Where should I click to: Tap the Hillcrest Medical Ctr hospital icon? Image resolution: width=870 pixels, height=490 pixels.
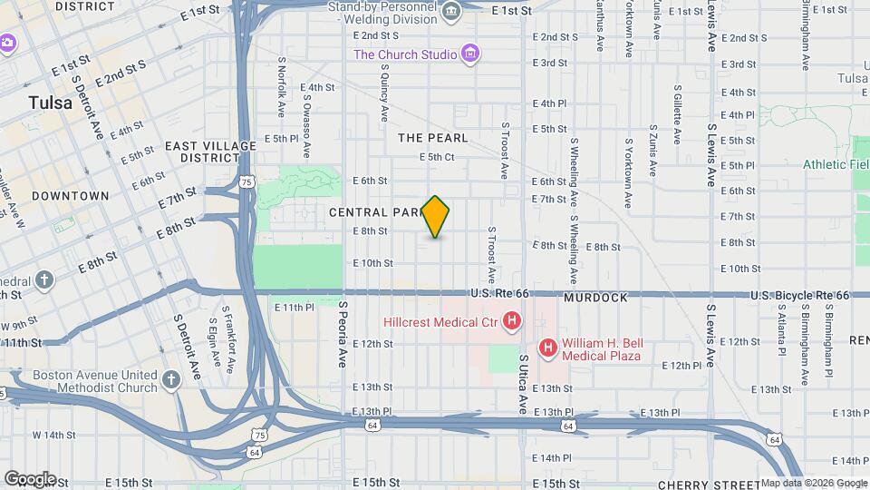click(512, 320)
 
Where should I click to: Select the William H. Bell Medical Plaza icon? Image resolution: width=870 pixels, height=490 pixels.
click(547, 348)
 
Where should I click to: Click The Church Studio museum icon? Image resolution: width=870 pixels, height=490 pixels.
click(469, 54)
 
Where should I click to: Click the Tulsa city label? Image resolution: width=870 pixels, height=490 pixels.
click(50, 103)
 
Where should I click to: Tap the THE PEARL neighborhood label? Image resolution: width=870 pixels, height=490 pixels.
click(433, 138)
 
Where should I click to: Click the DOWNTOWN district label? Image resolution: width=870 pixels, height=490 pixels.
click(70, 196)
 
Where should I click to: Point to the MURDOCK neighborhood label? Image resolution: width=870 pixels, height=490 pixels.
click(595, 298)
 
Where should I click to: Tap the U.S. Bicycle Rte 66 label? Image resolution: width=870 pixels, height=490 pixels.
click(799, 296)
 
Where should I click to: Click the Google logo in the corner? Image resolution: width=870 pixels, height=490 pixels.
click(29, 478)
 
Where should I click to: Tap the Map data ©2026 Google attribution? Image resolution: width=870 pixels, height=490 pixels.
click(814, 483)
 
